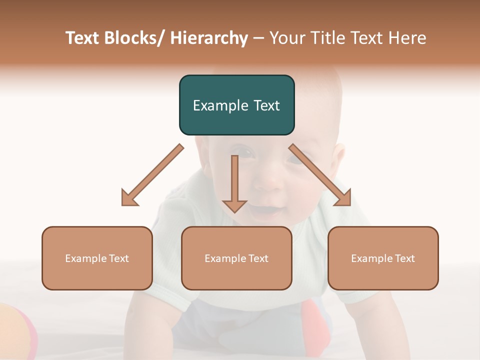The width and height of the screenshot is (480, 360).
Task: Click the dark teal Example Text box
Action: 236,105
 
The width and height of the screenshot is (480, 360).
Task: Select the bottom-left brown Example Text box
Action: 97,258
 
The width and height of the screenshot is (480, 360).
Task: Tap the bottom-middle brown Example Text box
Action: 236,258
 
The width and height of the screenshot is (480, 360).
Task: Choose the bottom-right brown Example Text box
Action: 383,258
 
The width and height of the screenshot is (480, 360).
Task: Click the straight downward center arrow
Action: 234,183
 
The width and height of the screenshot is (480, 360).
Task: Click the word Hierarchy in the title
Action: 208,38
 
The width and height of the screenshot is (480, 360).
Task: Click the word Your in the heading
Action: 286,38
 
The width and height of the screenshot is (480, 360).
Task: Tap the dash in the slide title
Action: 258,38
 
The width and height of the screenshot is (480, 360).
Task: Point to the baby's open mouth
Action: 260,212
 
